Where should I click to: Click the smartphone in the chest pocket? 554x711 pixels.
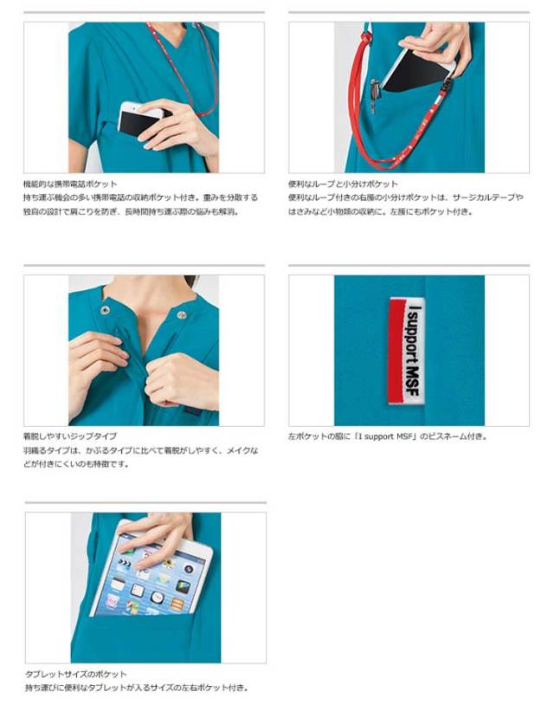pyautogui.click(x=138, y=120)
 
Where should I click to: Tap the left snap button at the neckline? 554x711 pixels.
pyautogui.click(x=106, y=310)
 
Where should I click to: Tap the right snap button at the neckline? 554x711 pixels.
pyautogui.click(x=181, y=314)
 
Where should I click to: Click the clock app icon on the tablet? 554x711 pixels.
pyautogui.click(x=157, y=597)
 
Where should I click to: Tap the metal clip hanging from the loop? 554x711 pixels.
pyautogui.click(x=374, y=95)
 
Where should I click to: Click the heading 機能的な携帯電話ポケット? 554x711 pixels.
pyautogui.click(x=70, y=184)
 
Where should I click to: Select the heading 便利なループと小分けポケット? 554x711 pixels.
pyautogui.click(x=343, y=184)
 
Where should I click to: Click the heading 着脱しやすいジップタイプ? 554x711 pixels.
pyautogui.click(x=70, y=436)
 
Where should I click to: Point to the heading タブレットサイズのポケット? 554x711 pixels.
pyautogui.click(x=75, y=675)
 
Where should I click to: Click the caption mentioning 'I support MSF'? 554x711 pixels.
pyautogui.click(x=388, y=436)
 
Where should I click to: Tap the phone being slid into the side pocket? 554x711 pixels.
pyautogui.click(x=417, y=70)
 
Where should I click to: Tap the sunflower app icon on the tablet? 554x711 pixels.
pyautogui.click(x=168, y=564)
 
